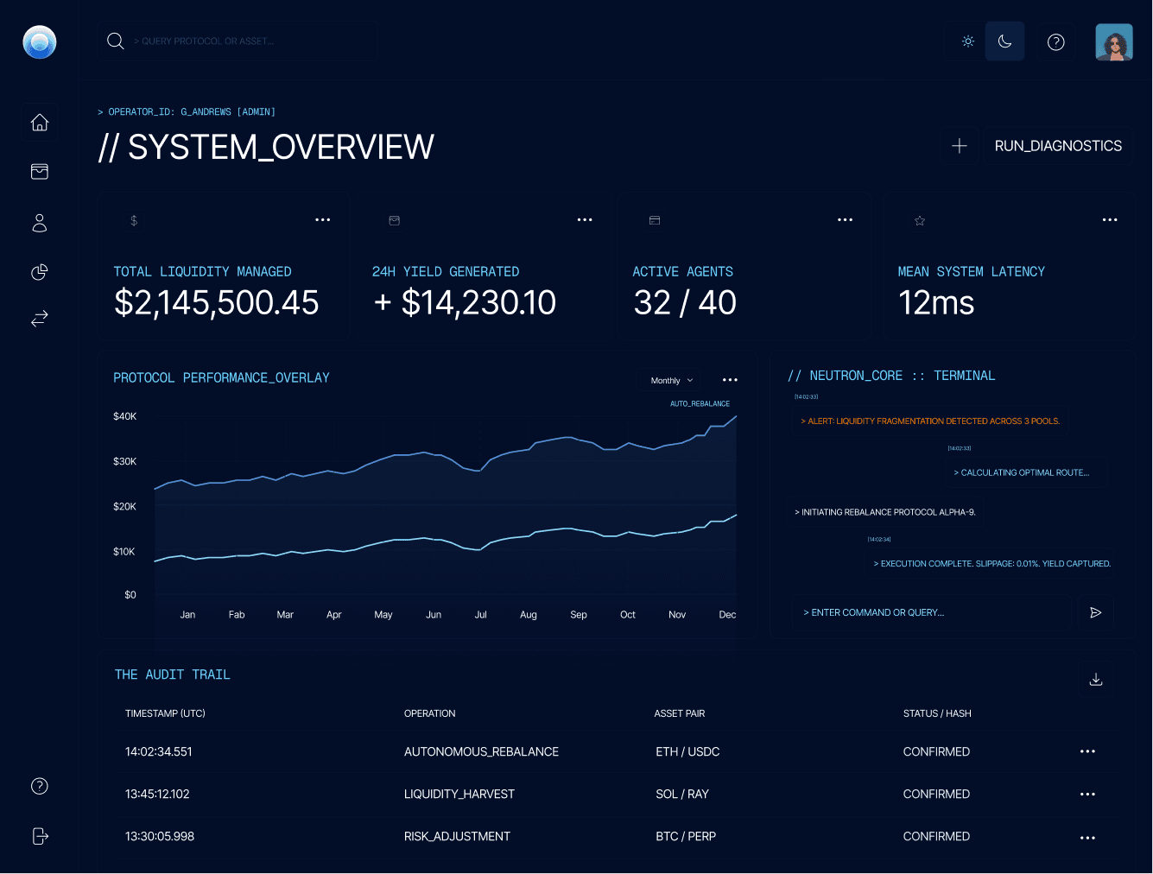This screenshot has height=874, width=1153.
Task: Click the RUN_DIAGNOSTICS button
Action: tap(1058, 146)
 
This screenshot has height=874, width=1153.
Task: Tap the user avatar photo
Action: tap(1113, 41)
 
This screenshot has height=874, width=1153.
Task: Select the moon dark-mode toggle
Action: tap(1004, 41)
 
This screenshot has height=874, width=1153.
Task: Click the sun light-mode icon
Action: tap(968, 41)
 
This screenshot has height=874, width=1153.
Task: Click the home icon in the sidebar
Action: tap(40, 123)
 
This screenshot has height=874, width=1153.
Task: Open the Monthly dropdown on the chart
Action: tap(672, 380)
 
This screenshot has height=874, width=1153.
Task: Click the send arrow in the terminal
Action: tap(1095, 612)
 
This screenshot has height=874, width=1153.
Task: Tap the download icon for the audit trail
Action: tap(1096, 680)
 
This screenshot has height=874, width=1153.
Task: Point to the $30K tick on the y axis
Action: tap(124, 461)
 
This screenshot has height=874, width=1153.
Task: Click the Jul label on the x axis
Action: tap(480, 615)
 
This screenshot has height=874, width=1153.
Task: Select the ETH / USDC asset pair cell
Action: tap(687, 751)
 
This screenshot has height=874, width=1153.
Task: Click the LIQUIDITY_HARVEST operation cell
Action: tap(459, 794)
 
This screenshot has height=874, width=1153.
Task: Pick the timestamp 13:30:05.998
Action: tap(160, 836)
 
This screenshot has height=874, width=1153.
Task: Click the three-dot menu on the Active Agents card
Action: tap(845, 220)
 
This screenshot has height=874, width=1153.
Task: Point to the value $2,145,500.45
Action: tap(216, 302)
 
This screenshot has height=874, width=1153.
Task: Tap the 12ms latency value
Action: tap(936, 302)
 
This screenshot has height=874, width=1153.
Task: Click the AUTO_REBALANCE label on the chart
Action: tap(700, 403)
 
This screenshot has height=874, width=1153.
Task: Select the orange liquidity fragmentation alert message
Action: tap(930, 421)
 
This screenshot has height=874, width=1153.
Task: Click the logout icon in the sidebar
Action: tap(40, 836)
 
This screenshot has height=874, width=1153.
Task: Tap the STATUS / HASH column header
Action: tap(937, 713)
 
